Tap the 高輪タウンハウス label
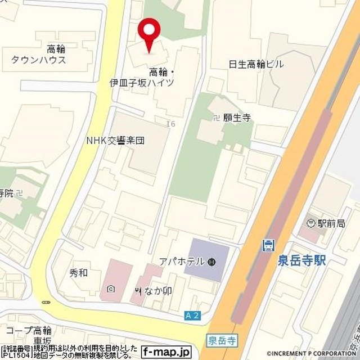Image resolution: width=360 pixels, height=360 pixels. pyautogui.click(x=38, y=55)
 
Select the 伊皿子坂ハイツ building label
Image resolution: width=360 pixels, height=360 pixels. pyautogui.click(x=142, y=78)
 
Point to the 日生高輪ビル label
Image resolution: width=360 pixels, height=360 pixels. pyautogui.click(x=256, y=64)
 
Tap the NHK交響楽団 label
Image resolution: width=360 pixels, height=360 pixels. pyautogui.click(x=115, y=140)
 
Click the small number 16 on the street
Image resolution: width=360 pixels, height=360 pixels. pyautogui.click(x=171, y=123)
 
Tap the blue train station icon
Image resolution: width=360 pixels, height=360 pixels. pyautogui.click(x=269, y=245)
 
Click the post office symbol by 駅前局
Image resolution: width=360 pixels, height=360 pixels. pyautogui.click(x=310, y=224)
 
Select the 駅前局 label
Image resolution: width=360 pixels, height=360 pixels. pyautogui.click(x=331, y=224)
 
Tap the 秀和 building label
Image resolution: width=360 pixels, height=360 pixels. pyautogui.click(x=78, y=274)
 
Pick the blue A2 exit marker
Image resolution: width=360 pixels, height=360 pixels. pyautogui.click(x=192, y=317)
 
